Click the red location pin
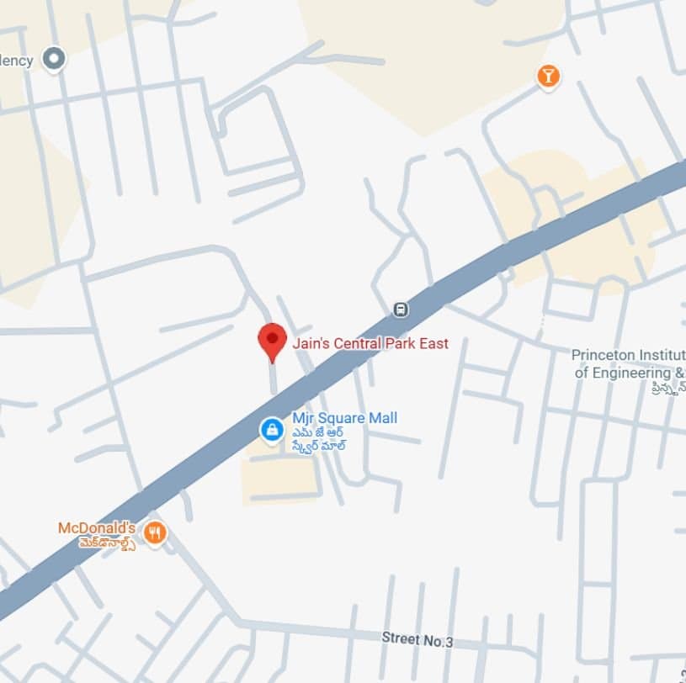(x=272, y=341)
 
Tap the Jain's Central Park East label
(x=370, y=343)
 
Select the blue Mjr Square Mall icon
(x=272, y=431)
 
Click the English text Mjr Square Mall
(x=344, y=418)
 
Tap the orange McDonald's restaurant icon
(x=154, y=532)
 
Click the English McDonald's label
(x=97, y=528)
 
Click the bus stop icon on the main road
(x=401, y=310)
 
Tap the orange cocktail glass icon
(x=549, y=77)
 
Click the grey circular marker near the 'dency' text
(x=55, y=59)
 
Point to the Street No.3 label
(x=417, y=640)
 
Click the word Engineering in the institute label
(x=632, y=373)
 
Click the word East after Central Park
(x=433, y=343)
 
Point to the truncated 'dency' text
(x=16, y=61)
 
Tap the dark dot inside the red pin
(x=272, y=336)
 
